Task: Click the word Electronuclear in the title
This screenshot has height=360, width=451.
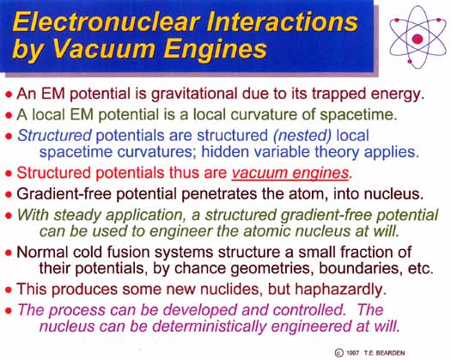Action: tap(107, 22)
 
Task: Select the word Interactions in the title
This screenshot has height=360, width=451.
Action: tap(283, 22)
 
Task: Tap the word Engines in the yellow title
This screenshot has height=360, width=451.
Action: tap(216, 50)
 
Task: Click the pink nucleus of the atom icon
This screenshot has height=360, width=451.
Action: tap(417, 39)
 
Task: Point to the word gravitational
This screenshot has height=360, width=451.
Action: tap(194, 95)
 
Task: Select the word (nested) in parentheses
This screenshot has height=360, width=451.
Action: tap(302, 136)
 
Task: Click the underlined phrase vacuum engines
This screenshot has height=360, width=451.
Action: tap(290, 174)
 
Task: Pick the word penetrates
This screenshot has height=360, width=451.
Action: tap(219, 194)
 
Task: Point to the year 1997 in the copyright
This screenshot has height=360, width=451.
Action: tap(352, 353)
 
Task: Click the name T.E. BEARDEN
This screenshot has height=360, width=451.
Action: tap(384, 353)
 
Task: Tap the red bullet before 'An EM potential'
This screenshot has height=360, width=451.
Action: tap(9, 95)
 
